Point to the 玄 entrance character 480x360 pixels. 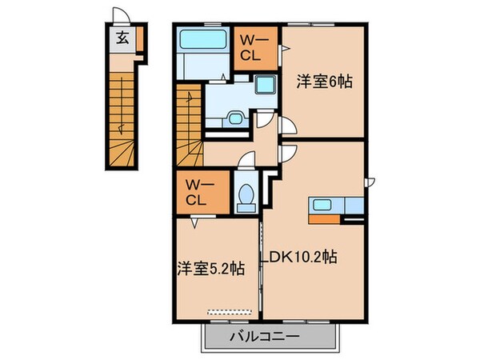(121, 38)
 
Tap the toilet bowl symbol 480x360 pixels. (246, 195)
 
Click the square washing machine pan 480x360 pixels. (265, 89)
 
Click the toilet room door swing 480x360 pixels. (246, 170)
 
